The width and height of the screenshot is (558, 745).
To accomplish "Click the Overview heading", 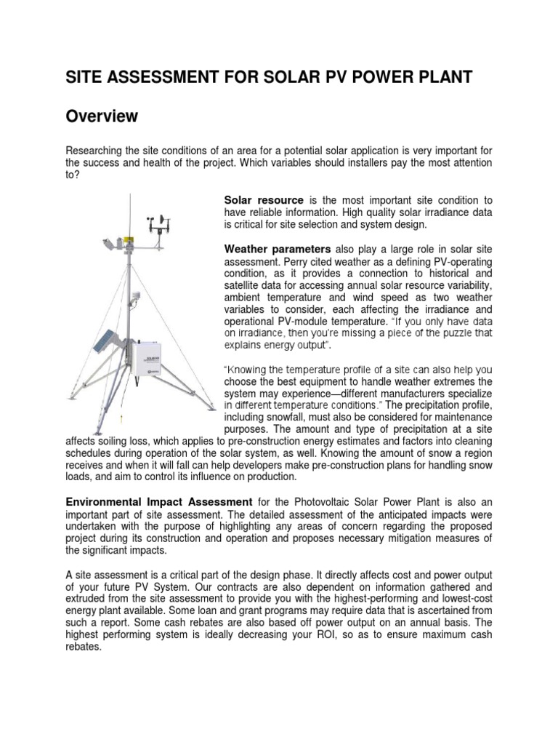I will pyautogui.click(x=102, y=116).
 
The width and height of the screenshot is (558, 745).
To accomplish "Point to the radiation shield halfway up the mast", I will pyautogui.click(x=135, y=299).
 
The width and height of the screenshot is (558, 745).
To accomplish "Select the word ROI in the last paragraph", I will pyautogui.click(x=375, y=634).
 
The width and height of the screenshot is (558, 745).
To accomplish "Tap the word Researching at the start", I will pyautogui.click(x=97, y=151).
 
